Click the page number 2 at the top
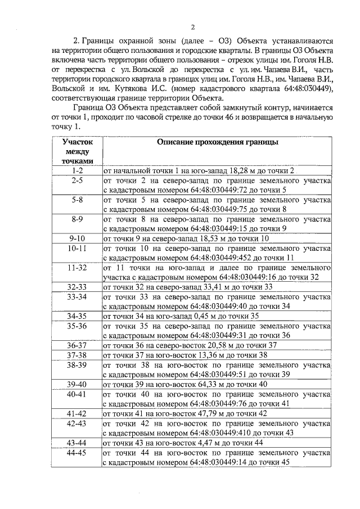192,26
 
